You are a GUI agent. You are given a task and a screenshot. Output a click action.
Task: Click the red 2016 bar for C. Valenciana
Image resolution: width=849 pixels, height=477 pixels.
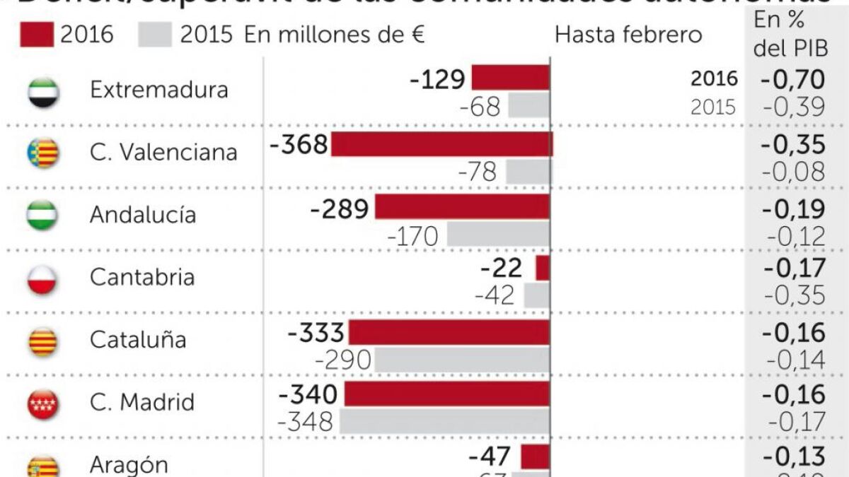[x=441, y=144]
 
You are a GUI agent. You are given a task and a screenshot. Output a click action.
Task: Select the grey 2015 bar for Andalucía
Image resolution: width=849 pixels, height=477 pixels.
[x=497, y=235]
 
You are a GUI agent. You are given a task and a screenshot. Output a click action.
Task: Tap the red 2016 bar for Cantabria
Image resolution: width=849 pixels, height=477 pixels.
[x=543, y=269]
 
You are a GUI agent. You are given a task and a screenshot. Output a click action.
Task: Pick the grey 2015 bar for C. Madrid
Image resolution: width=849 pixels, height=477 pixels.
[x=444, y=422]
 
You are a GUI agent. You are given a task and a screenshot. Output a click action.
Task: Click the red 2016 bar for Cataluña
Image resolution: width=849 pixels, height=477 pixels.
[x=449, y=332]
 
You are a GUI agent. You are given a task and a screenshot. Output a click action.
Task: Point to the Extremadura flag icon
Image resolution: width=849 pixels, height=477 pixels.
[x=43, y=92]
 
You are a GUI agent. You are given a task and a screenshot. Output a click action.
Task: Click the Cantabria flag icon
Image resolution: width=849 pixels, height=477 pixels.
[x=43, y=278]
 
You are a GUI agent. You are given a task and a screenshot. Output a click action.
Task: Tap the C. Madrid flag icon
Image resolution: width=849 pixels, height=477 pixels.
[x=43, y=404]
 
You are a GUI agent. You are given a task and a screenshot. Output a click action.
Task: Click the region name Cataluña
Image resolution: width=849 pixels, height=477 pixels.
[x=137, y=340]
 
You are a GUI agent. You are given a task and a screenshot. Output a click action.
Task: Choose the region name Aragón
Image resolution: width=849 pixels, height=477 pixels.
[x=129, y=465]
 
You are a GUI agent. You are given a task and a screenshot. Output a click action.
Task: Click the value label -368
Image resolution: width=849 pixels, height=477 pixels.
[x=299, y=145]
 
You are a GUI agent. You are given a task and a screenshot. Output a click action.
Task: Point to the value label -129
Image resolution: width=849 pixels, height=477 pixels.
[x=437, y=79]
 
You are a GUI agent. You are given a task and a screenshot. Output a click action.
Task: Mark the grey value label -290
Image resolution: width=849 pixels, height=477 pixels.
[x=342, y=360]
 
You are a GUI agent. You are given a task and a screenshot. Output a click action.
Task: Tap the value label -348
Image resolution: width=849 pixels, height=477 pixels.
[x=305, y=423]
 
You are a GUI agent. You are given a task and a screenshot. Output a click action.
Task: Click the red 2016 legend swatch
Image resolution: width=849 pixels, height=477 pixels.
[x=36, y=34]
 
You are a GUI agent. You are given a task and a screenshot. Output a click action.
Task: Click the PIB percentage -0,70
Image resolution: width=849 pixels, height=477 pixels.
[x=792, y=78]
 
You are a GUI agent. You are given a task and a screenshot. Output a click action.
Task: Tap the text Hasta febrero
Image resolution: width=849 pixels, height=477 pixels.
[x=628, y=35]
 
